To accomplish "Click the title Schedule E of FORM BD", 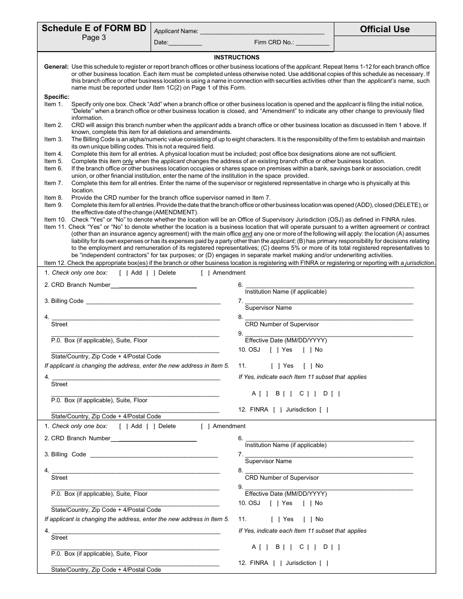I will click(94, 28).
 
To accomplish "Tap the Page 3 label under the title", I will click(94, 38).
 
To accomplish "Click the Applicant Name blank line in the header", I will click(262, 32).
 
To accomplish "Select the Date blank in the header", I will click(185, 43).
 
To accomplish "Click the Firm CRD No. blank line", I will click(312, 43).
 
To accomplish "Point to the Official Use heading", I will click(385, 29).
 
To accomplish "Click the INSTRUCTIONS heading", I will click(236, 57).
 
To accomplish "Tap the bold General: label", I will click(56, 66).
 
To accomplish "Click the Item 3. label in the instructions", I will click(54, 139).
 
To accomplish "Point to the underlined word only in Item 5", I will click(128, 161).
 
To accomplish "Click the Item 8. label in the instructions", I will click(54, 198).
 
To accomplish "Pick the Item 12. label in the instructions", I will click(55, 263).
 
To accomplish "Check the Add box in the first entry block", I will click(123, 273).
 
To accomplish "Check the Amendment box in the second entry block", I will click(205, 426).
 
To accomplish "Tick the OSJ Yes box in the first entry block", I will click(274, 350).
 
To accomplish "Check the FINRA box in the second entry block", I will click(278, 563).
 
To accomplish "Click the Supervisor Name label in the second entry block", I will click(268, 461).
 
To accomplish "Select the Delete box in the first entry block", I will click(151, 273).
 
